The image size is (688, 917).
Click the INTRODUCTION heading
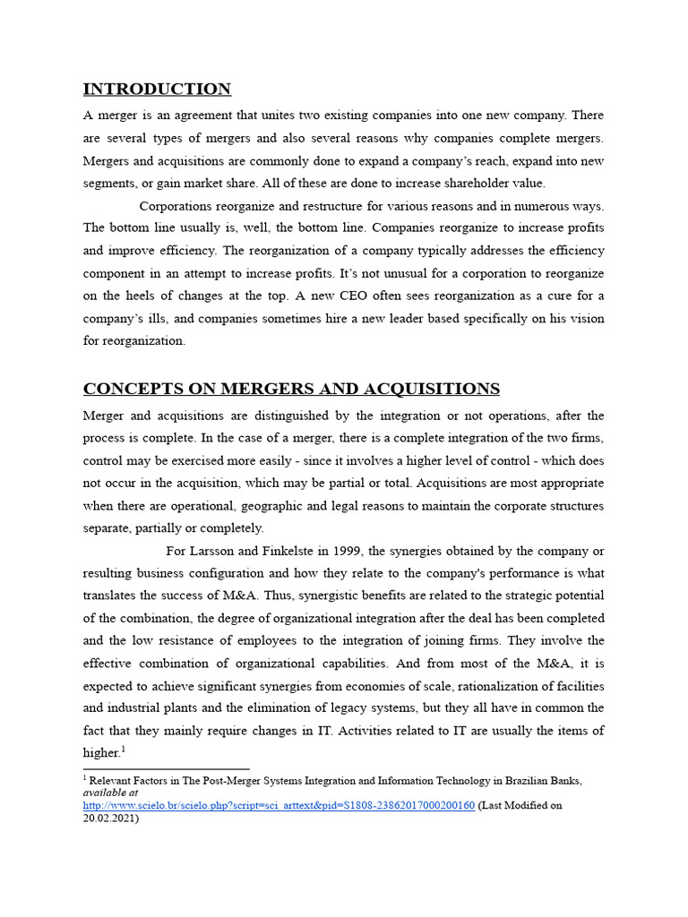157,89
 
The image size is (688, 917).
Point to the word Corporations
177,206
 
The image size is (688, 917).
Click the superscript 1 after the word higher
123,749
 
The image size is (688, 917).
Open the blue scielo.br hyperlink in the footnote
279,805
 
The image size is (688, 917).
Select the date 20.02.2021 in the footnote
108,818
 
